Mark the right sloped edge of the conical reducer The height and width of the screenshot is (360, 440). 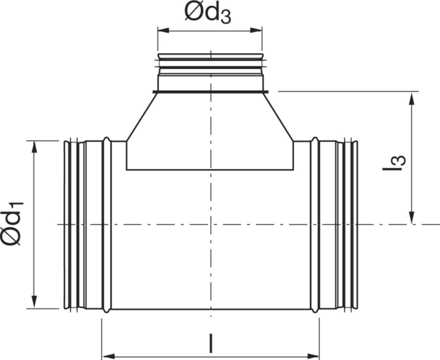(278, 117)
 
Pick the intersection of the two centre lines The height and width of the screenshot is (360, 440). (211, 224)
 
